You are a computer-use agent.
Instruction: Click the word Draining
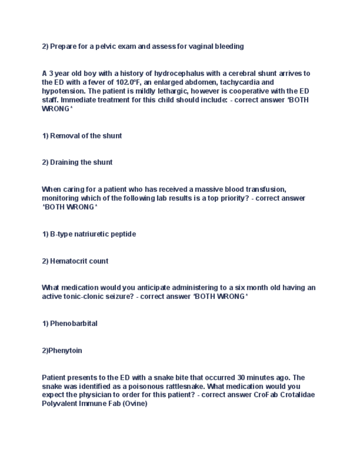tap(65, 162)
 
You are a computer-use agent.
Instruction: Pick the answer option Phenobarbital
tap(74, 324)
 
